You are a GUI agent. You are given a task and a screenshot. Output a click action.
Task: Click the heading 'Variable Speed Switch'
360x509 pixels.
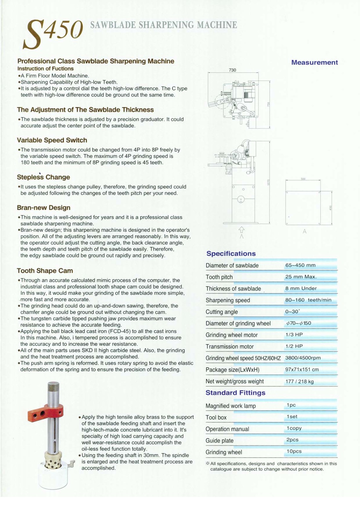[52, 140]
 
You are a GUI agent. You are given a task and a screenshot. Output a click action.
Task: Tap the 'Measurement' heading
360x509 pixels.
[314, 63]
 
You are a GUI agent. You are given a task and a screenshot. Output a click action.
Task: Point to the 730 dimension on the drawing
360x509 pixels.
[232, 70]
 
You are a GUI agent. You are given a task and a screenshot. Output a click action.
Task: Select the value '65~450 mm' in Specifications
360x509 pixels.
[300, 265]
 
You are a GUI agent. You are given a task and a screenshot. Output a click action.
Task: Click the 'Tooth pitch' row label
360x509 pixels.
[219, 277]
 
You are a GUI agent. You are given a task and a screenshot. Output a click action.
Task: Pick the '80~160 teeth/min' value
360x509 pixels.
[308, 300]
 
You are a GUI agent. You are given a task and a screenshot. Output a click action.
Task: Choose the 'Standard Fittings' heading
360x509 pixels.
[235, 393]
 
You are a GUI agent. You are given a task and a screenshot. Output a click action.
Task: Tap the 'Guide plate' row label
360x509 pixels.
[219, 441]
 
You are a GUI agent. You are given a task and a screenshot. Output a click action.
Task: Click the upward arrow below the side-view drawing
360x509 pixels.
[241, 229]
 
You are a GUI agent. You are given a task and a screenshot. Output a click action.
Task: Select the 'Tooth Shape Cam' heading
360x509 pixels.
[45, 271]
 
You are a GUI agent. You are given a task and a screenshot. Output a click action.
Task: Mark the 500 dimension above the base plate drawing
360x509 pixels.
[303, 179]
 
